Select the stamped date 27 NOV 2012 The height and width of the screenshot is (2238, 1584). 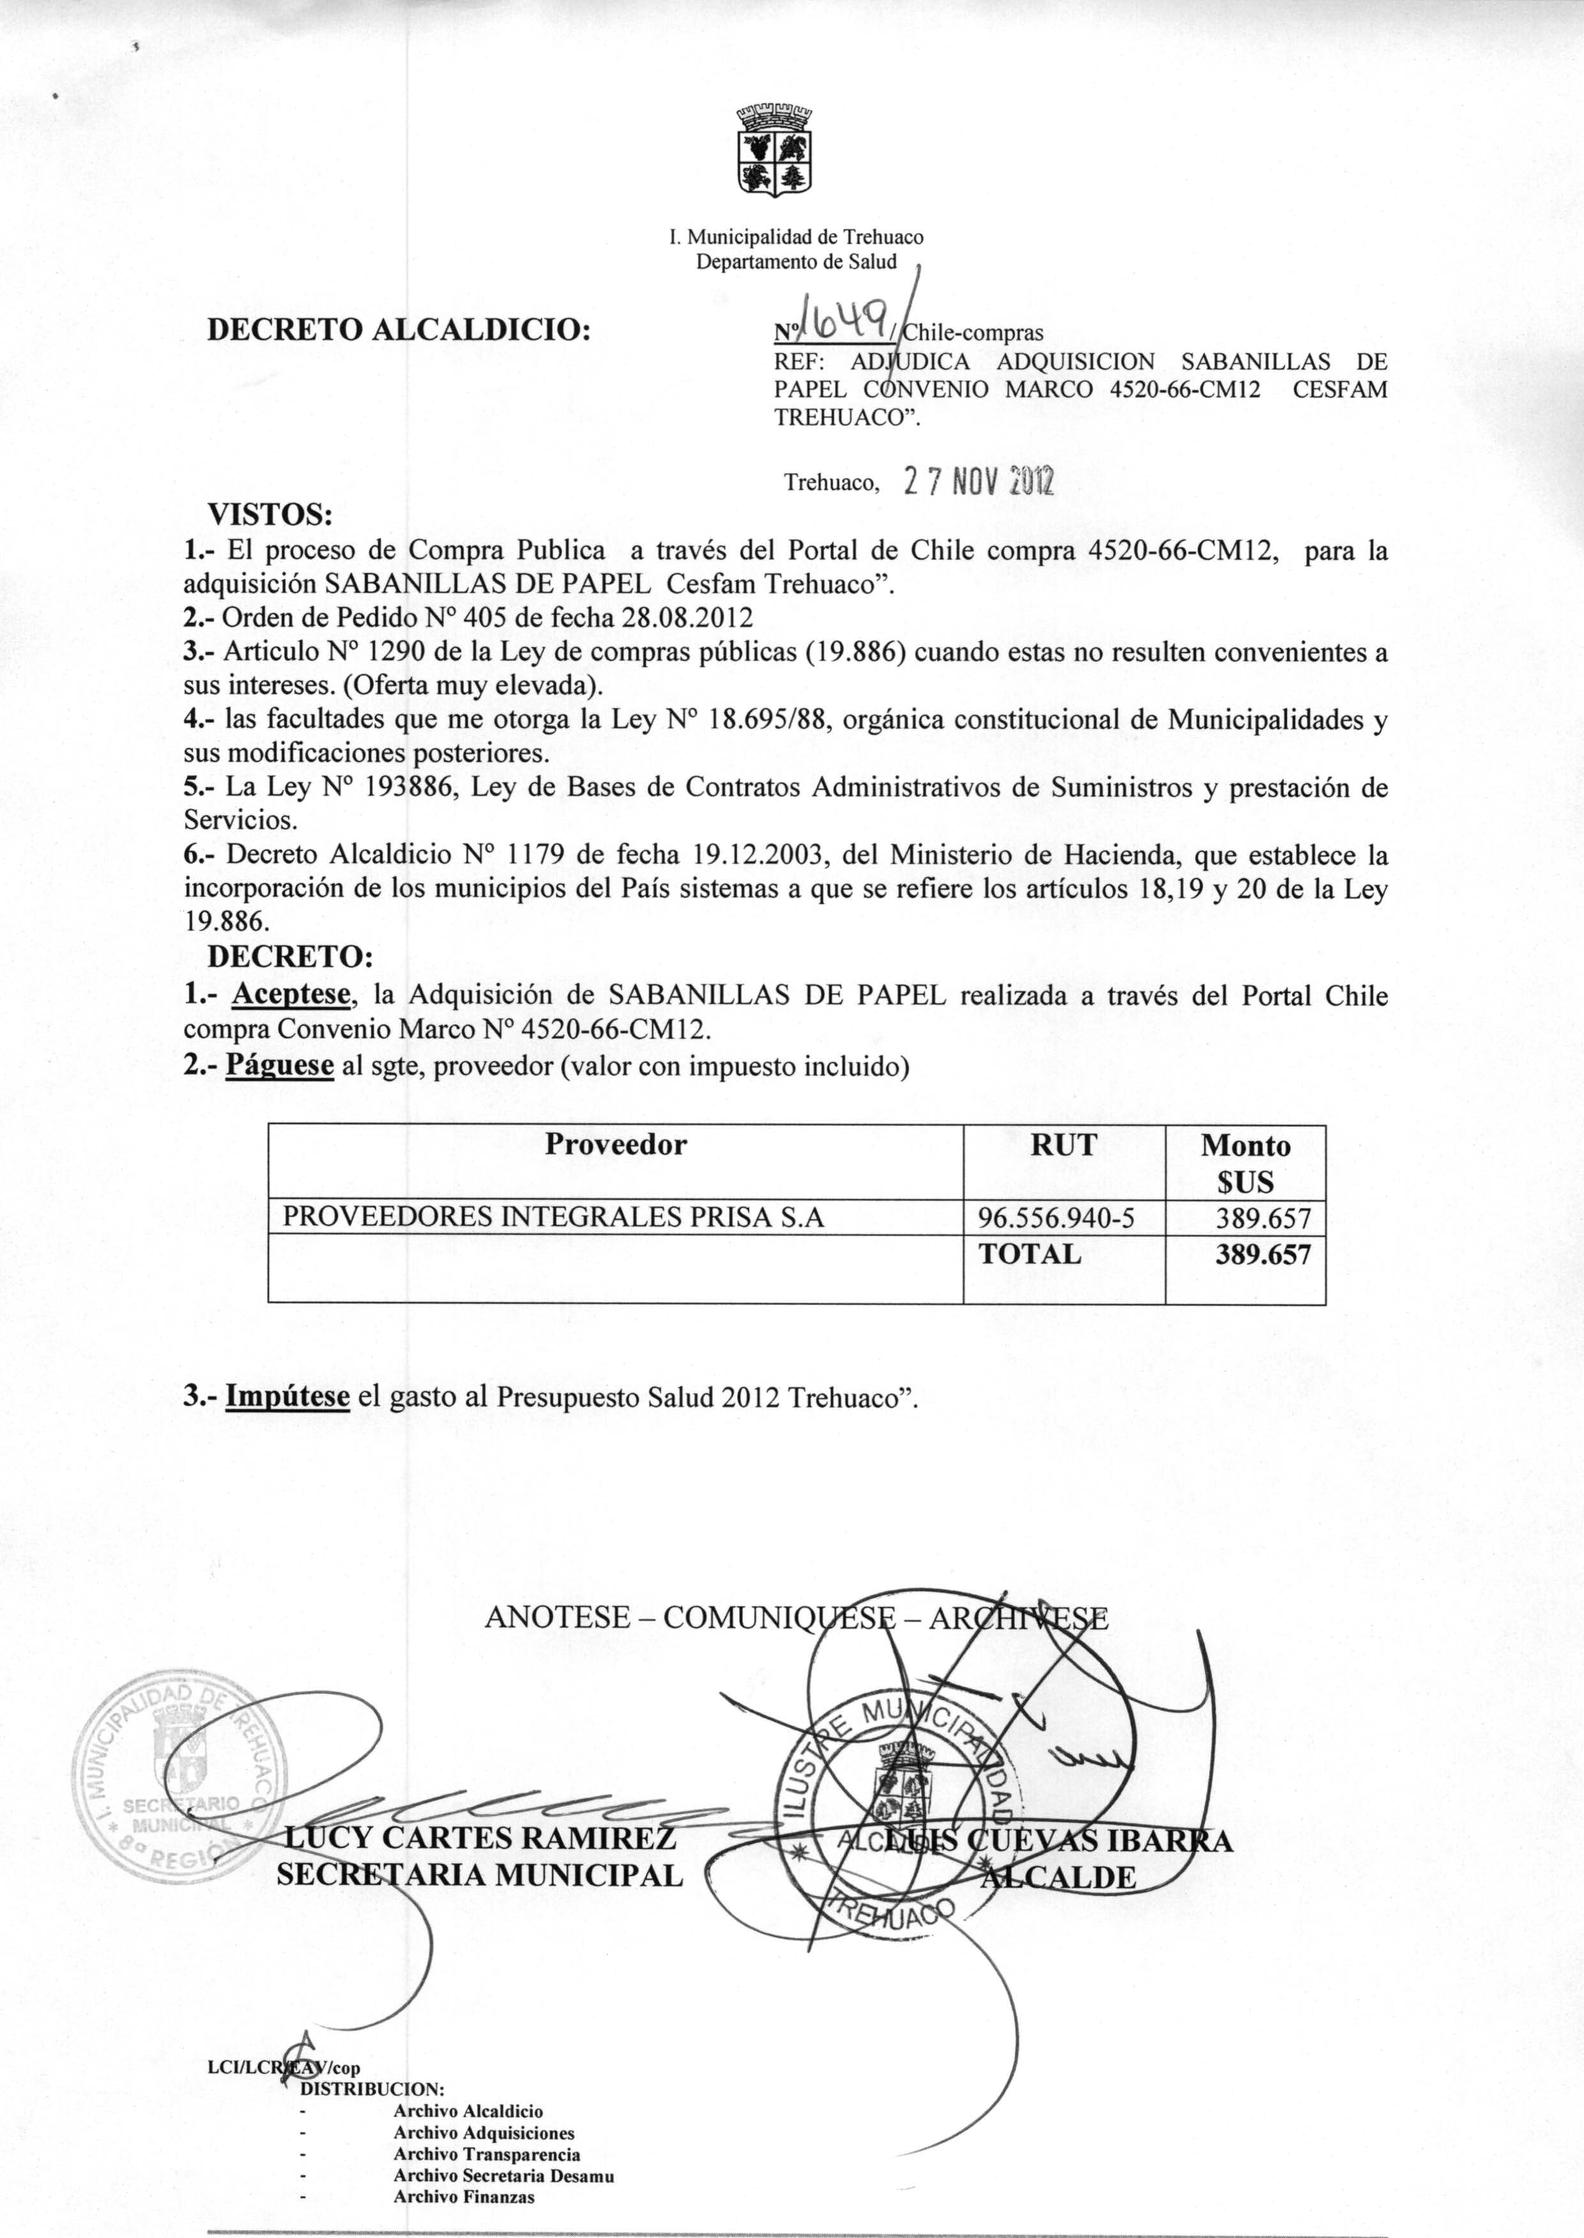tap(979, 481)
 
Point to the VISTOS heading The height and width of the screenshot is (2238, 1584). tap(270, 513)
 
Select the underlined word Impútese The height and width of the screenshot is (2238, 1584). tap(287, 1396)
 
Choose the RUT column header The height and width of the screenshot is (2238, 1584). tap(1063, 1145)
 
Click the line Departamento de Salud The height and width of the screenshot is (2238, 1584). tap(795, 261)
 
